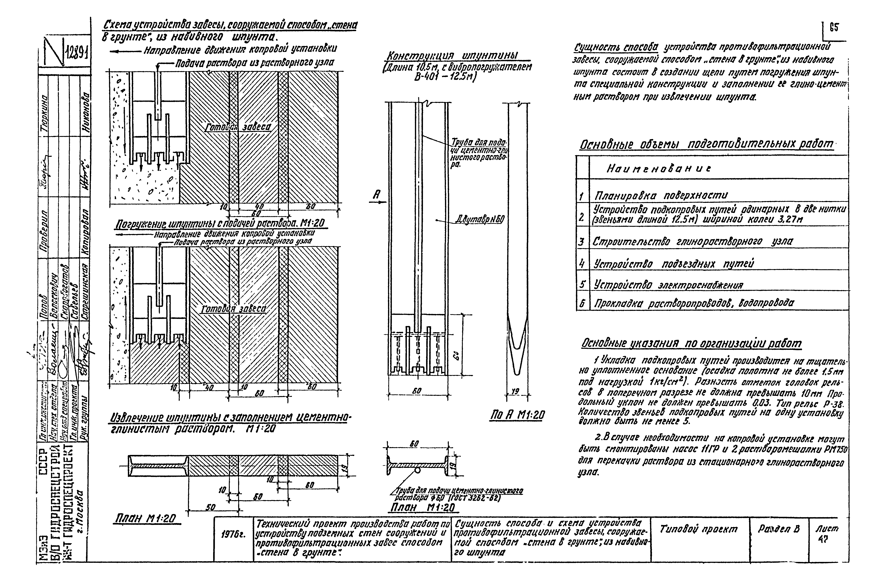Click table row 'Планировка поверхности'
pyautogui.click(x=660, y=195)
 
